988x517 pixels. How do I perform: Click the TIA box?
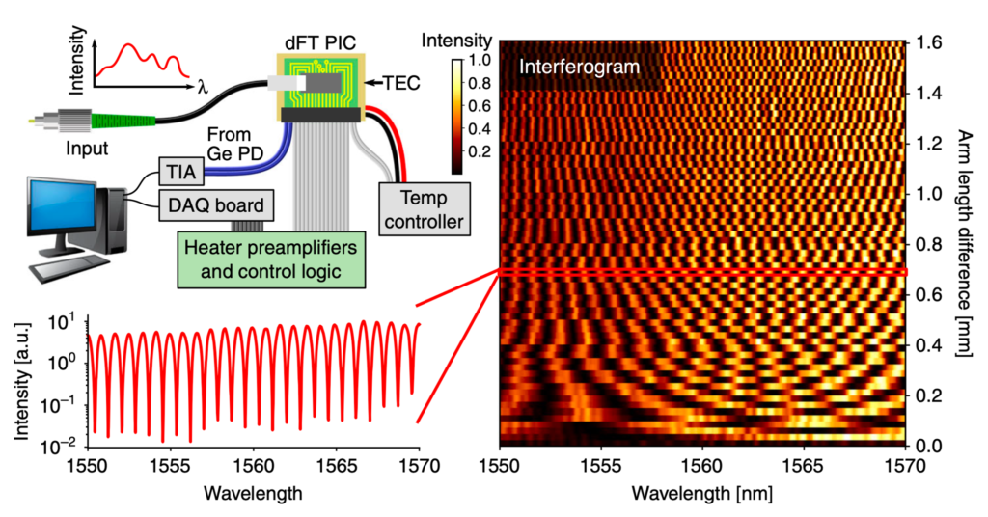pyautogui.click(x=178, y=174)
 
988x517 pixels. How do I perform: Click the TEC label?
pyautogui.click(x=402, y=83)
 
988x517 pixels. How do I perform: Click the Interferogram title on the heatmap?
pyautogui.click(x=579, y=68)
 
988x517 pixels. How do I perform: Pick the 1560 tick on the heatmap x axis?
pyautogui.click(x=702, y=463)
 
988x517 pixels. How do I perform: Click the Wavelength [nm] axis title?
pyautogui.click(x=702, y=493)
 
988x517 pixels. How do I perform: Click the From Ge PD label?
pyautogui.click(x=230, y=143)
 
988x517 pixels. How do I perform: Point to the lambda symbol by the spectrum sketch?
pyautogui.click(x=203, y=88)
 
